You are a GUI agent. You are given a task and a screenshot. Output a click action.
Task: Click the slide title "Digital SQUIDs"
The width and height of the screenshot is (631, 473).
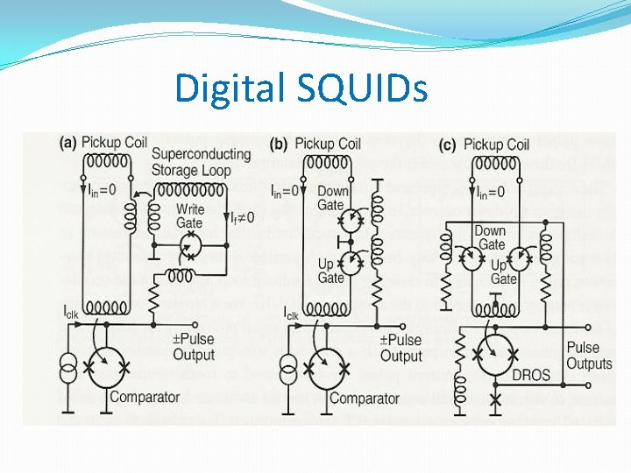pyautogui.click(x=301, y=88)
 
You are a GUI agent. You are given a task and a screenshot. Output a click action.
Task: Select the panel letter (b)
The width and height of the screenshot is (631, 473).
pyautogui.click(x=279, y=144)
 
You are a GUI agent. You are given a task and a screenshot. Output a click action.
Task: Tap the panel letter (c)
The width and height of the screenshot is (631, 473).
pyautogui.click(x=448, y=144)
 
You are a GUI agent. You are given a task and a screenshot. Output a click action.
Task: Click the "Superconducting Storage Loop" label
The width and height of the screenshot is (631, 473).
pyautogui.click(x=201, y=162)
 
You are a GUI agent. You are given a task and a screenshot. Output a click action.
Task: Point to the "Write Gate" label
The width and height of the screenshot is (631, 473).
pyautogui.click(x=190, y=215)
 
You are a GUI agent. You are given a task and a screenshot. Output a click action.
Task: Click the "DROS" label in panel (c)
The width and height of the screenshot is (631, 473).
pyautogui.click(x=531, y=375)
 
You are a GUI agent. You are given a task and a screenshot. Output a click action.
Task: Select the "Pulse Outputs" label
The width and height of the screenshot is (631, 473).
pyautogui.click(x=589, y=356)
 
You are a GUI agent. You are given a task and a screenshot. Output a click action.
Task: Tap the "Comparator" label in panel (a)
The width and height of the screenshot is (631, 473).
pyautogui.click(x=145, y=398)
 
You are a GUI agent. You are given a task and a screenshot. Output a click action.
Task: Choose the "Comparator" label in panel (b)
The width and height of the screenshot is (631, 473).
pyautogui.click(x=364, y=399)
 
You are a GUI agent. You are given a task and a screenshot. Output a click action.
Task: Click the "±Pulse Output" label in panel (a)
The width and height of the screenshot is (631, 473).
pyautogui.click(x=193, y=347)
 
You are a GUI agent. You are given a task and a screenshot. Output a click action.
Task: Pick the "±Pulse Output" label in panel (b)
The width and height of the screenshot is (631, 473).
pyautogui.click(x=401, y=348)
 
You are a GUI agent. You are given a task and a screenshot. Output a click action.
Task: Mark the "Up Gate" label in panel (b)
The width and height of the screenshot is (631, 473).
pyautogui.click(x=330, y=271)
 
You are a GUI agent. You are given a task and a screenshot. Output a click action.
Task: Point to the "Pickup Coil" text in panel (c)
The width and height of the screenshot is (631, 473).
pyautogui.click(x=496, y=144)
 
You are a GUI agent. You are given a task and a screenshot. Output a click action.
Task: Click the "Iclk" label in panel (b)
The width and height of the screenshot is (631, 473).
pyautogui.click(x=290, y=313)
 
